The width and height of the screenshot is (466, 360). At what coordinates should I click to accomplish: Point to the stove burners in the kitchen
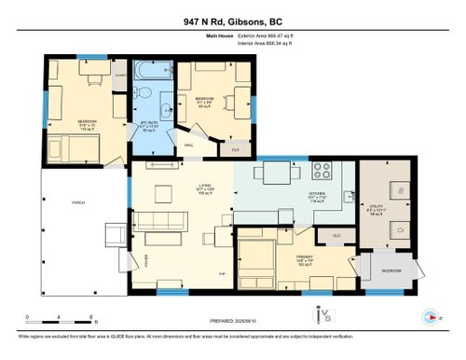322,171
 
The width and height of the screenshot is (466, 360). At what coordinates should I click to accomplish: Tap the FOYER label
145,260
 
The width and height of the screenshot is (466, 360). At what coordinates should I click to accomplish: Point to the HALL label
188,145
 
